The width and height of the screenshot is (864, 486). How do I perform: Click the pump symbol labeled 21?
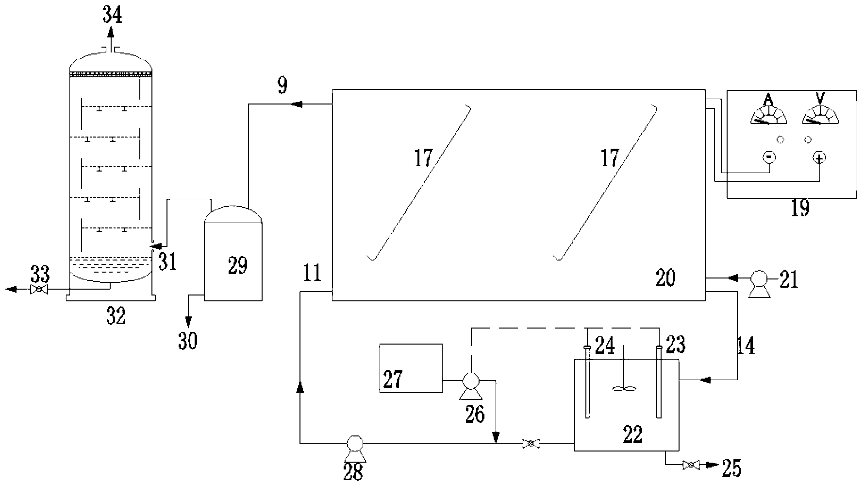pyautogui.click(x=758, y=279)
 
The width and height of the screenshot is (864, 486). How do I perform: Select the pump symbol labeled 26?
pyautogui.click(x=470, y=381)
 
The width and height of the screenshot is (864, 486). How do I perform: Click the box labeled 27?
pyautogui.click(x=411, y=368)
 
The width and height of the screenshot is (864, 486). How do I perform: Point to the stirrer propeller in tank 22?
pyautogui.click(x=623, y=388)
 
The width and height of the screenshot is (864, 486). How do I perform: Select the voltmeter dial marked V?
pyautogui.click(x=820, y=116)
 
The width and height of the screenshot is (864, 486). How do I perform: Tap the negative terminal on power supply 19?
pyautogui.click(x=769, y=157)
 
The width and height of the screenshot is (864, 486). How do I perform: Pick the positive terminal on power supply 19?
pyautogui.click(x=820, y=157)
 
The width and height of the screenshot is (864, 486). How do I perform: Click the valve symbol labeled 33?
pyautogui.click(x=38, y=290)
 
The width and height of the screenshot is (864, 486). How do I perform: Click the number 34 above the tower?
pyautogui.click(x=112, y=16)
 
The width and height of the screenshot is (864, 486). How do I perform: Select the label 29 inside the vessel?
pyautogui.click(x=237, y=266)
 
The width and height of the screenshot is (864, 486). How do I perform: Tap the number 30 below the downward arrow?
pyautogui.click(x=188, y=341)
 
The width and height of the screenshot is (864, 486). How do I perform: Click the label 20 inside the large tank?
pyautogui.click(x=665, y=278)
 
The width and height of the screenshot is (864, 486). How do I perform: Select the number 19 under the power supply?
pyautogui.click(x=800, y=208)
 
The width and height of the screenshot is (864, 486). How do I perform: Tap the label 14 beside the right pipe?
pyautogui.click(x=746, y=346)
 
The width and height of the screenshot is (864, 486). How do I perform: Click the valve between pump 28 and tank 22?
pyautogui.click(x=531, y=443)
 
